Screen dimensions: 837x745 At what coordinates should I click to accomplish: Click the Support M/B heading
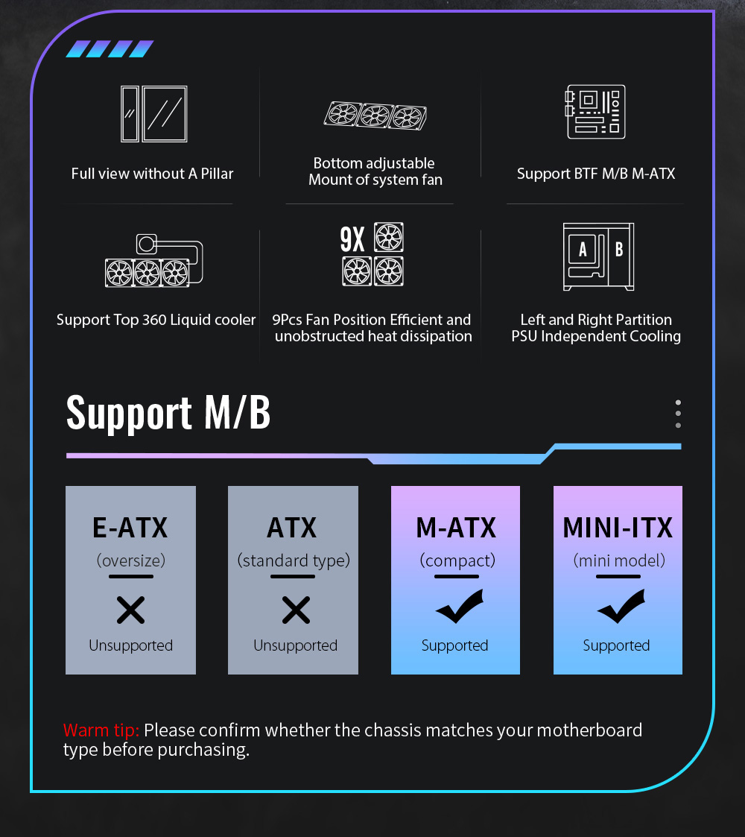(x=168, y=412)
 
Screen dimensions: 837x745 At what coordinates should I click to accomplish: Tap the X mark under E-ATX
(x=130, y=611)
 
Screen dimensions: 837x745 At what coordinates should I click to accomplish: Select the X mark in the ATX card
(x=296, y=611)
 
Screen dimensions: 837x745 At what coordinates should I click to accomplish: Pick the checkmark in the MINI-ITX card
(x=621, y=607)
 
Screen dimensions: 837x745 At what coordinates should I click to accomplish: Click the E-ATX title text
(x=130, y=528)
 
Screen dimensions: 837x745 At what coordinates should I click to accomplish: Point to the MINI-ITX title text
(x=618, y=528)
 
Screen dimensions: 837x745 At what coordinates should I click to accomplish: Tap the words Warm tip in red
(x=101, y=730)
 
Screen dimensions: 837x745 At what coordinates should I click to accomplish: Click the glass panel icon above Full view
(x=153, y=114)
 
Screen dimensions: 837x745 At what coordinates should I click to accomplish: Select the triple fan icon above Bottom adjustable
(x=375, y=116)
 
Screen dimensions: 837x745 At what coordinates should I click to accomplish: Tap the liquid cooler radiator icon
(x=148, y=272)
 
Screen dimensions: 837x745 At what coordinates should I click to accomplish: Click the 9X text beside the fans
(x=352, y=239)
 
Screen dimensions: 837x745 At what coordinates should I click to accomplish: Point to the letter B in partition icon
(x=618, y=250)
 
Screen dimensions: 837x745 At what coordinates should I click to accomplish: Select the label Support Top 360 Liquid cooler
(x=156, y=320)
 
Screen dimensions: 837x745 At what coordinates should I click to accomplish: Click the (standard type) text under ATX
(x=294, y=560)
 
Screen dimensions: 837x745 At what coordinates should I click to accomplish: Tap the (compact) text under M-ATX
(x=457, y=560)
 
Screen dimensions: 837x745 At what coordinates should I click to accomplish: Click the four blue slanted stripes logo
(x=110, y=49)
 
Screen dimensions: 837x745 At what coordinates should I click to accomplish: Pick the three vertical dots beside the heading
(x=678, y=414)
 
